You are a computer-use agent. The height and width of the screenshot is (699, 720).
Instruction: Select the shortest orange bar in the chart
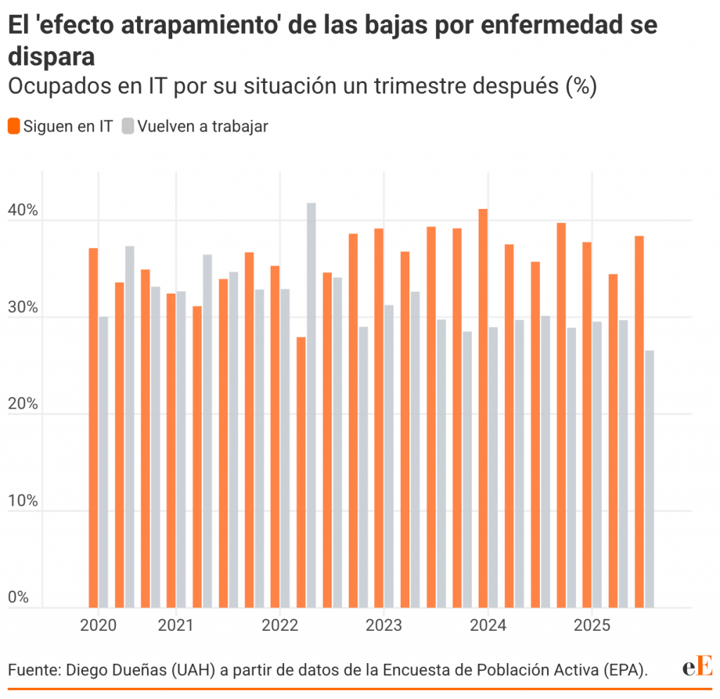(301, 471)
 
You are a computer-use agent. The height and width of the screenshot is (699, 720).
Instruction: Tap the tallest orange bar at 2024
(483, 408)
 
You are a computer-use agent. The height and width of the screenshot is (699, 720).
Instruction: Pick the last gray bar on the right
(650, 478)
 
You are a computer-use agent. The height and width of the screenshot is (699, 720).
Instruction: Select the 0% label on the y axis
(19, 598)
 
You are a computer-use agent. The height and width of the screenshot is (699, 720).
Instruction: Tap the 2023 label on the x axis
(383, 626)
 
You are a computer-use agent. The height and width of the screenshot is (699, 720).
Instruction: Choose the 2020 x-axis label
(98, 626)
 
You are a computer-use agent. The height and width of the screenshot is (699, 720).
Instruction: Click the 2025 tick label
(592, 626)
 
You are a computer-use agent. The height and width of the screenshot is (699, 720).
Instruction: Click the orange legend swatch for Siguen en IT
(14, 127)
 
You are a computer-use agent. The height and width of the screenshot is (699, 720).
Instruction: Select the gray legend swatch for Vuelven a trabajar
(127, 127)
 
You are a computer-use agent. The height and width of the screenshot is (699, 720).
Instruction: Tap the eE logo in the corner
(697, 667)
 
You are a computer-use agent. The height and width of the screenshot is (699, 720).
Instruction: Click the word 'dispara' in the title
(51, 56)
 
